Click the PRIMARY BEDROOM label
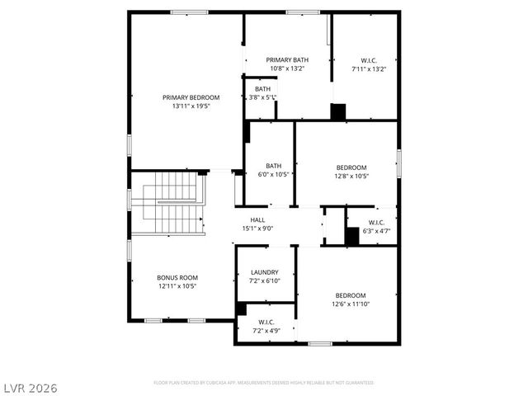[185, 97]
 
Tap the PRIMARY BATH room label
[287, 59]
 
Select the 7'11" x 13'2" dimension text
[368, 68]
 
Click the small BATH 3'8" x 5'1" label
[262, 89]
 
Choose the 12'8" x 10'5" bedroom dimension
[351, 176]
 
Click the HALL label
[257, 219]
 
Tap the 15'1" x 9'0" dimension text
[257, 229]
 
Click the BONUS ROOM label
[177, 277]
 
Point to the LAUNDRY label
[264, 272]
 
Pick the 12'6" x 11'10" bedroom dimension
[351, 304]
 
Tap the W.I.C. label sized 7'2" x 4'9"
[266, 322]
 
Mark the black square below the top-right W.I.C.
[338, 112]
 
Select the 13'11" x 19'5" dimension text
[185, 106]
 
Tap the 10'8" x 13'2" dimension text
[287, 68]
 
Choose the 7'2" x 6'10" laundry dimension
[264, 281]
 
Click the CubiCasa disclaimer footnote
[264, 383]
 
